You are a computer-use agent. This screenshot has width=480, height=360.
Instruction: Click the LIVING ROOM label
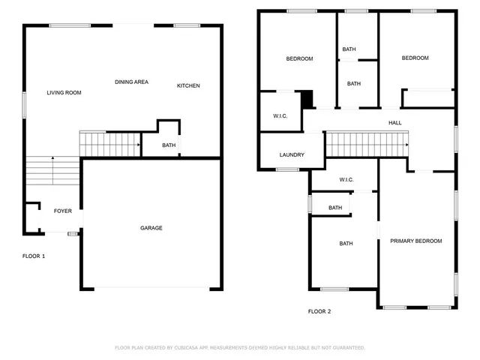64,93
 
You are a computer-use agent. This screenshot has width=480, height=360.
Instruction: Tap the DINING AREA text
130,82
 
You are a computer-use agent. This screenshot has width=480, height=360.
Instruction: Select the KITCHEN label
188,85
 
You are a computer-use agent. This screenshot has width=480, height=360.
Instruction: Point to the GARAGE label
151,228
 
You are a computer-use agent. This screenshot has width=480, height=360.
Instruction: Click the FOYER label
63,211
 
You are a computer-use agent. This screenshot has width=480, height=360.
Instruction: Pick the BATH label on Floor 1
169,145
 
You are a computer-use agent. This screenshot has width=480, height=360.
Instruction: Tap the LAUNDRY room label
292,155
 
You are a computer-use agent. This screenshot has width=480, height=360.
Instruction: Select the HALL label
394,123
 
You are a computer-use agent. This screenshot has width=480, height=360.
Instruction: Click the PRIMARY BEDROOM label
415,241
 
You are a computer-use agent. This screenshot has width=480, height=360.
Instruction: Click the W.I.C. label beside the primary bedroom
346,180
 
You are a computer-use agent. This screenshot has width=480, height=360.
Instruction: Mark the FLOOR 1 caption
34,256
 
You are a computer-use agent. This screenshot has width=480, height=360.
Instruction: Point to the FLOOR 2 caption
319,311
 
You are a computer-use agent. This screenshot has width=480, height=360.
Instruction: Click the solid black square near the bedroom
306,98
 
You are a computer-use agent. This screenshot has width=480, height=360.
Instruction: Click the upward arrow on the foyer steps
52,158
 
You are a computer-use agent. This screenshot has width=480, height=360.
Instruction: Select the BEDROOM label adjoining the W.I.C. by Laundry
299,58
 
